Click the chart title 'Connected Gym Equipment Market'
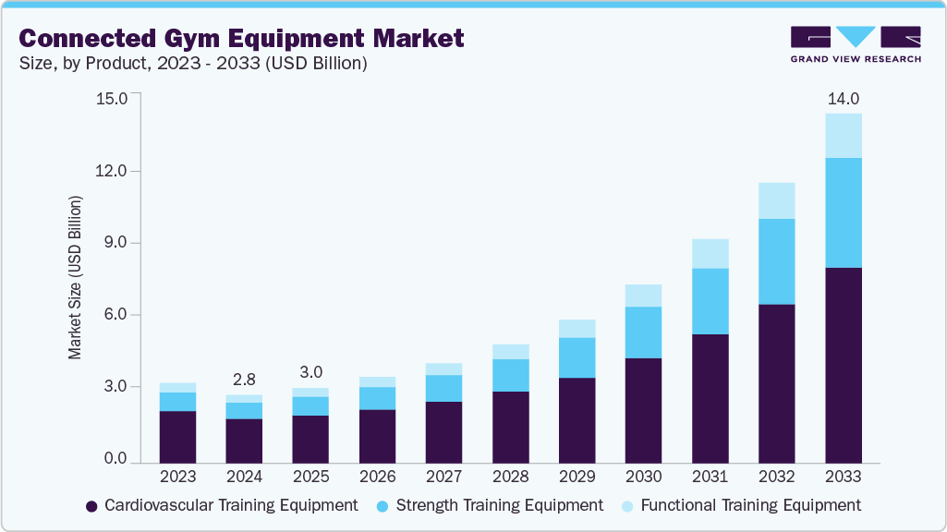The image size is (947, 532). click(x=241, y=38)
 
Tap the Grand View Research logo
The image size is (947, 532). click(x=856, y=44)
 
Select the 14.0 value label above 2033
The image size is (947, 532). click(x=843, y=99)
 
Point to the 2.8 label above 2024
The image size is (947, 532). click(x=244, y=381)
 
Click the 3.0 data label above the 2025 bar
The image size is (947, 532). click(x=310, y=372)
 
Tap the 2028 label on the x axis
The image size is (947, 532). click(x=510, y=478)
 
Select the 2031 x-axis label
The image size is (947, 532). click(x=710, y=478)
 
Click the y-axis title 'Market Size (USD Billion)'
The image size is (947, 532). click(x=74, y=277)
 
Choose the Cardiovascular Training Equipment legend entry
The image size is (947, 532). click(x=222, y=505)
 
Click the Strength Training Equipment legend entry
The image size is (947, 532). click(x=490, y=505)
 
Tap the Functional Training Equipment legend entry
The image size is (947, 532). click(x=740, y=505)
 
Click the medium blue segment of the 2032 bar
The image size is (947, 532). click(x=776, y=261)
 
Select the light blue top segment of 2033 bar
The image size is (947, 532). click(x=843, y=136)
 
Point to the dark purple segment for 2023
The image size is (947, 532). click(x=177, y=436)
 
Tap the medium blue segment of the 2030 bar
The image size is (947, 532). click(x=643, y=332)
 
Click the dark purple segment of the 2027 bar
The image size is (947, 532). click(x=443, y=431)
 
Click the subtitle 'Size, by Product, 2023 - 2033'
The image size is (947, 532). click(x=193, y=64)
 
